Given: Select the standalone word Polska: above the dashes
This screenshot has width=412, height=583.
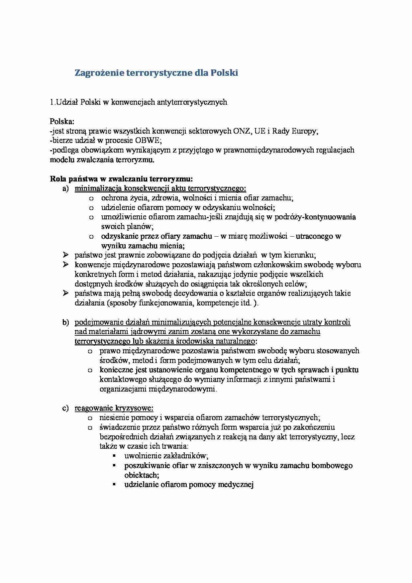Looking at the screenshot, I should tap(62, 121).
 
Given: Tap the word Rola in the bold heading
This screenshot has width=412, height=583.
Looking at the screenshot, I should tap(58, 179).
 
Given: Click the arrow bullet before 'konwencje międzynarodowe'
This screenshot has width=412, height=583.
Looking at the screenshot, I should tap(65, 265).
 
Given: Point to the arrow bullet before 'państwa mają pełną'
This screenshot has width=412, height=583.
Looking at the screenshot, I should tap(65, 293).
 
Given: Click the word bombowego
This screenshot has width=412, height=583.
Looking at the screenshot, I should tap(332, 466).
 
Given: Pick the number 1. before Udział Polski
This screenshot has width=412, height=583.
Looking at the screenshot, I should tap(52, 102).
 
